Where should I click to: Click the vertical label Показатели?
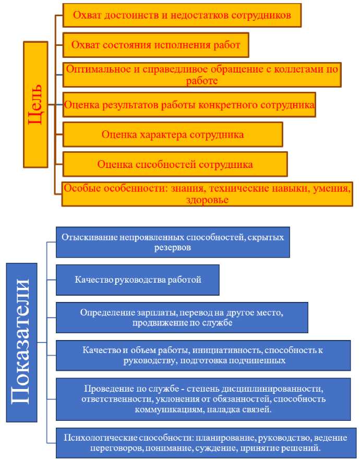point(22,342)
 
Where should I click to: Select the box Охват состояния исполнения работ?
point(155,45)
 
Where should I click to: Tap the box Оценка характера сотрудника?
point(172,134)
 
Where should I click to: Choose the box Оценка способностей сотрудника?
point(175,164)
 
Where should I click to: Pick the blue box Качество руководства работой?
point(138,280)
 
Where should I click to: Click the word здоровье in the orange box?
point(207,199)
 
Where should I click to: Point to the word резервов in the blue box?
point(172,248)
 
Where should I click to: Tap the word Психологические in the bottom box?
point(95,438)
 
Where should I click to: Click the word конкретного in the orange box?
point(225,105)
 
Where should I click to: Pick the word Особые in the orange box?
point(79,188)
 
